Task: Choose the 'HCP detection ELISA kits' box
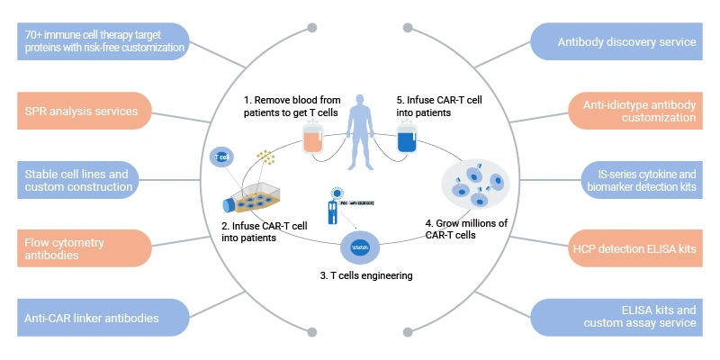point(626,247)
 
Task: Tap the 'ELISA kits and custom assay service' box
point(626,316)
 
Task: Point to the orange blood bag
point(312,139)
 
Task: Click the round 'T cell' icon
point(220,157)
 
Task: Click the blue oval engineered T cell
point(359,244)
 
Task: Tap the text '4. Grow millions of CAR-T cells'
point(465,229)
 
